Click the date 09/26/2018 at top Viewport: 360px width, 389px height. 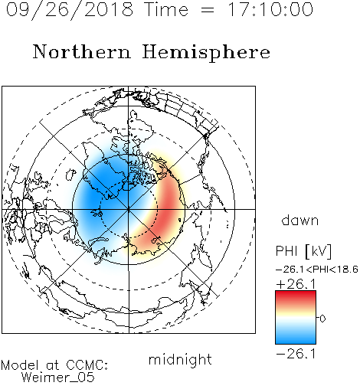(x=70, y=10)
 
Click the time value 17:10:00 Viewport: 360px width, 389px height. (x=270, y=9)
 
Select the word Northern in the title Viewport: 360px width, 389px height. (x=82, y=51)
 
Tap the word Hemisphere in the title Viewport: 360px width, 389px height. (x=206, y=53)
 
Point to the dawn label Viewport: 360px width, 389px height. (x=300, y=220)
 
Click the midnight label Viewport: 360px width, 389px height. (x=180, y=360)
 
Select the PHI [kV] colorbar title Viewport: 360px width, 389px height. (x=303, y=251)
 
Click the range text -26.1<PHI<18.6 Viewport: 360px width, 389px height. (x=317, y=270)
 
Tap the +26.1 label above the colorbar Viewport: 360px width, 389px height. (x=296, y=284)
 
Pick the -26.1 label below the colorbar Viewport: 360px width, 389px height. (x=296, y=354)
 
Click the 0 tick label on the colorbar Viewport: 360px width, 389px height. (x=322, y=319)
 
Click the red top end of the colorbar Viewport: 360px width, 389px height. (x=296, y=293)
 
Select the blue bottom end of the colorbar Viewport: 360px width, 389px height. (x=296, y=342)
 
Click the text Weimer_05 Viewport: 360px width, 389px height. (x=58, y=378)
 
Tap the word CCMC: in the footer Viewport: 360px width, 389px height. (x=87, y=365)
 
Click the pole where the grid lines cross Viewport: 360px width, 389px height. (x=129, y=209)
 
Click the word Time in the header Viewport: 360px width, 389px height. (x=166, y=9)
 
